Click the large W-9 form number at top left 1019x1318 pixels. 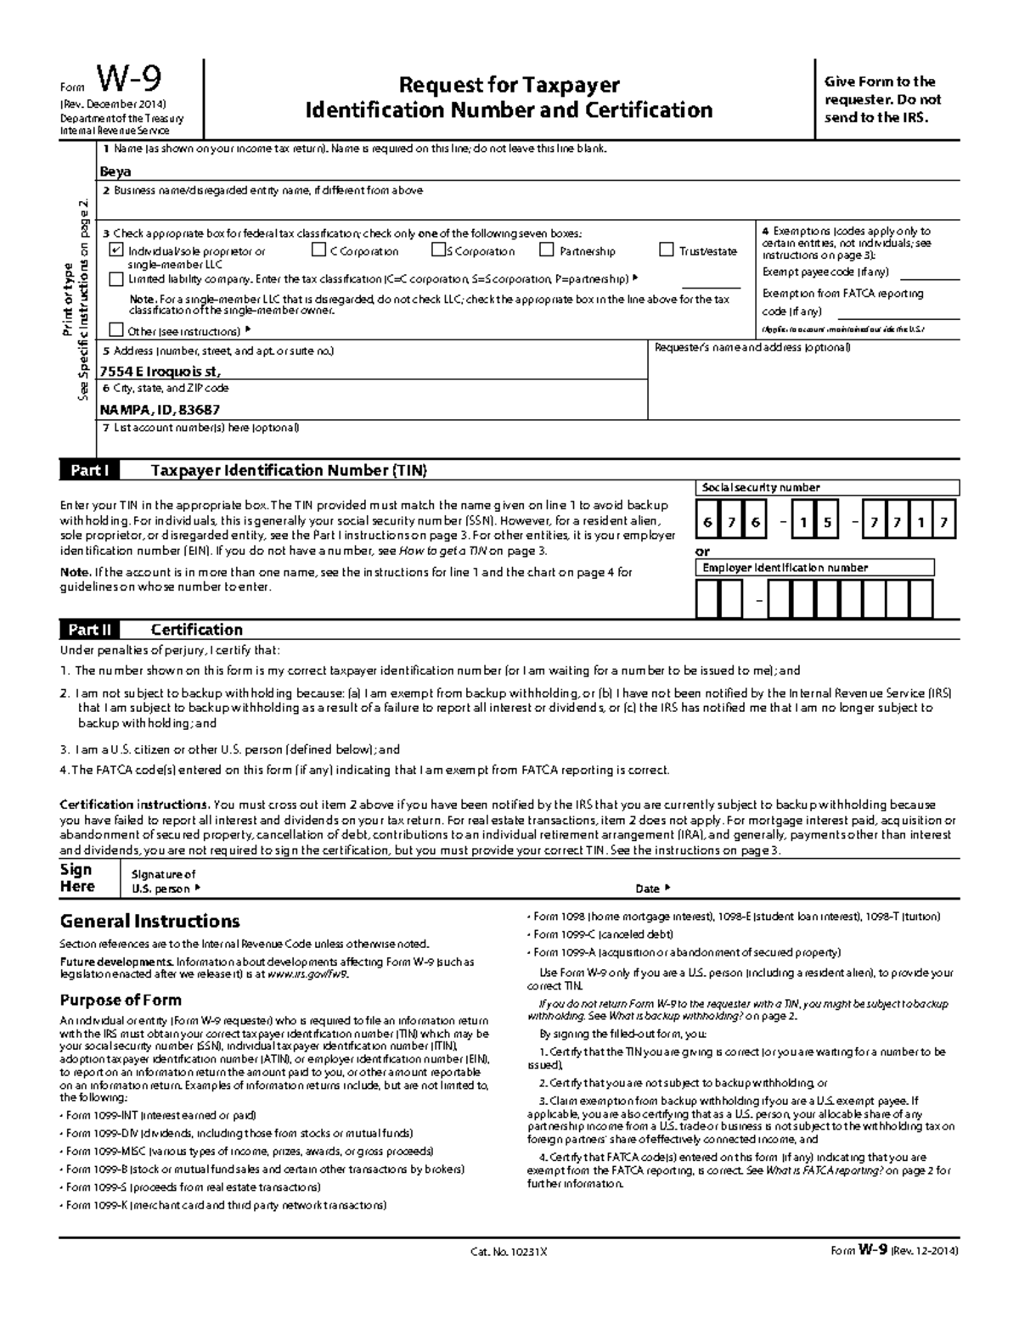pyautogui.click(x=129, y=81)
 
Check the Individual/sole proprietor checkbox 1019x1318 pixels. pyautogui.click(x=116, y=251)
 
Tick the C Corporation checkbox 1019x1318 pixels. pyautogui.click(x=318, y=250)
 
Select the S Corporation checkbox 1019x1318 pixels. pyautogui.click(x=438, y=250)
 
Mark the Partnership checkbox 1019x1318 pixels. pyautogui.click(x=546, y=250)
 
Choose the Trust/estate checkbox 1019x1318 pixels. pyautogui.click(x=667, y=250)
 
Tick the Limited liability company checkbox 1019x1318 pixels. pyautogui.click(x=116, y=279)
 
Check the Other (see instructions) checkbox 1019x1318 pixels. pyautogui.click(x=116, y=331)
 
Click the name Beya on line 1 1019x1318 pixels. pyautogui.click(x=115, y=171)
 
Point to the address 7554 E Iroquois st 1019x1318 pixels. pyautogui.click(x=160, y=371)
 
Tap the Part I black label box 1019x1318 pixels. pyautogui.click(x=89, y=471)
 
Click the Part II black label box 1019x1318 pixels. pyautogui.click(x=89, y=630)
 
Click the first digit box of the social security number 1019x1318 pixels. pyautogui.click(x=707, y=523)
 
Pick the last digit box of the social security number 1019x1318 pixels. pyautogui.click(x=943, y=523)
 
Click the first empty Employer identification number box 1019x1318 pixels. pyautogui.click(x=707, y=600)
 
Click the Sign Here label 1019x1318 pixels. pyautogui.click(x=76, y=878)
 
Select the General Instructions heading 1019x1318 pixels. pyautogui.click(x=149, y=922)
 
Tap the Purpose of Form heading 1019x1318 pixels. pyautogui.click(x=120, y=1000)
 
